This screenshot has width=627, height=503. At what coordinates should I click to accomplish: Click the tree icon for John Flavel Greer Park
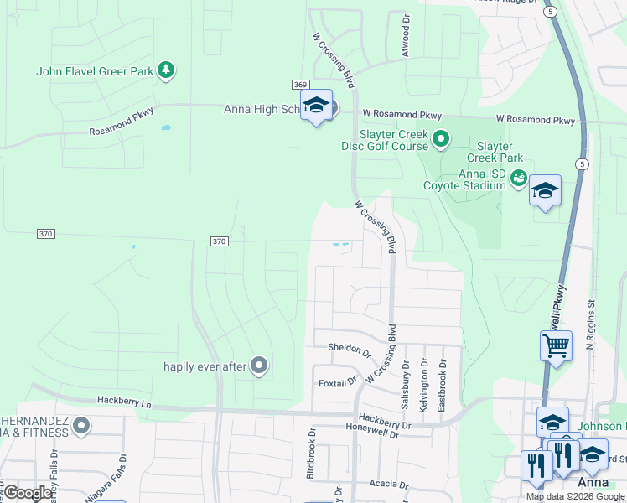coord(167,70)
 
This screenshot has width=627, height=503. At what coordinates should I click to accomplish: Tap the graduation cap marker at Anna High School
coord(316,106)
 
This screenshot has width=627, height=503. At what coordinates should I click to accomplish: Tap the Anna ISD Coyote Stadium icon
coord(519,177)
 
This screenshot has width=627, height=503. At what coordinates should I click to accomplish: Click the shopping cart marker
coord(555,345)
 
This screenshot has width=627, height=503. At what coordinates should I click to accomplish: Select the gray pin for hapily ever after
coord(259,365)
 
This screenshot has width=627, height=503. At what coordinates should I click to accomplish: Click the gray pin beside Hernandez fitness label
coord(81,426)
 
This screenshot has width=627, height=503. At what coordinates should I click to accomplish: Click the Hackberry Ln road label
coord(123,402)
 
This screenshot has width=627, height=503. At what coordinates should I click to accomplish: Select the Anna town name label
coord(593,484)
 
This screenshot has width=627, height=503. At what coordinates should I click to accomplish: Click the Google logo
coord(28,493)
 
